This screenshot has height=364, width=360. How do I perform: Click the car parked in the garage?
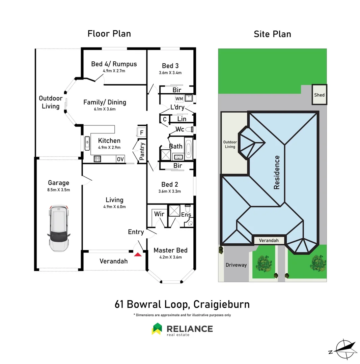click(x=59, y=228)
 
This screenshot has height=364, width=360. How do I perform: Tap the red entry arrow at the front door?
click(x=138, y=254)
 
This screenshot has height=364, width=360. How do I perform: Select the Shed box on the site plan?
click(x=319, y=95)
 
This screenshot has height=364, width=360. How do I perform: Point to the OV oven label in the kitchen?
click(x=120, y=159)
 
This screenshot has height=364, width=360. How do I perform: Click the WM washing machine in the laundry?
click(x=179, y=98)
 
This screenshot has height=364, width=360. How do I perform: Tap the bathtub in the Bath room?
click(x=188, y=148)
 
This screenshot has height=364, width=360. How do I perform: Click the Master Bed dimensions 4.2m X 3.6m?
click(x=170, y=257)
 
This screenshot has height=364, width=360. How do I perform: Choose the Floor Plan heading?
click(x=109, y=34)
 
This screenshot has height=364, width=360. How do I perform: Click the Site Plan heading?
click(x=272, y=34)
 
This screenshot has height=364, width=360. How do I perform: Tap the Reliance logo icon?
click(x=157, y=329)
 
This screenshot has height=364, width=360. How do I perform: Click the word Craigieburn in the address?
click(x=221, y=304)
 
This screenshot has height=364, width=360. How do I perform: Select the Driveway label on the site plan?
click(x=236, y=265)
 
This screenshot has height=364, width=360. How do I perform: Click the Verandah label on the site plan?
click(x=269, y=240)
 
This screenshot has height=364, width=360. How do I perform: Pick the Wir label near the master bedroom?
click(x=159, y=214)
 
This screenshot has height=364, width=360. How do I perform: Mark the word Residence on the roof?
click(x=277, y=172)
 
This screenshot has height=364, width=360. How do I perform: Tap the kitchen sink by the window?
click(x=87, y=143)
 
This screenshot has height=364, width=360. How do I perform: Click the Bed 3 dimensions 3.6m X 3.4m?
click(x=170, y=73)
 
